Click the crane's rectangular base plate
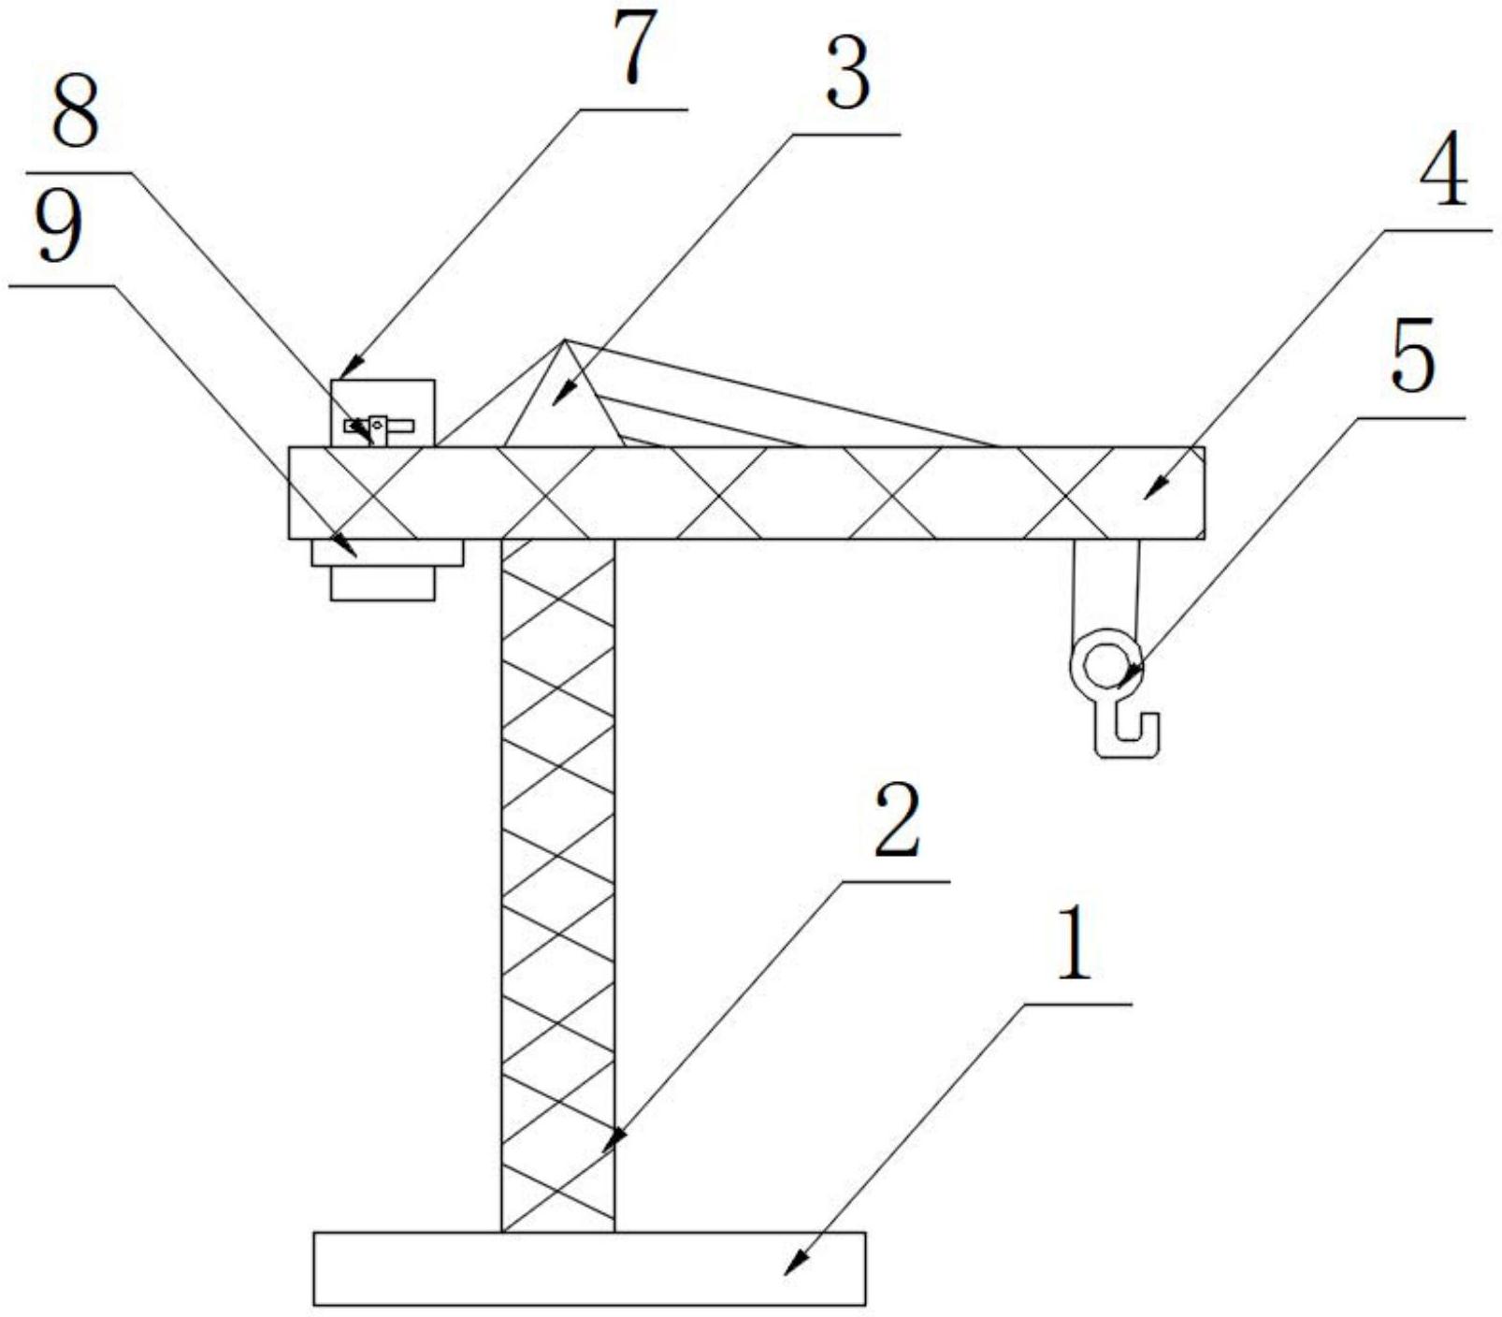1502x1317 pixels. click(589, 1268)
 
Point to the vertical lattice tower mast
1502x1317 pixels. click(558, 885)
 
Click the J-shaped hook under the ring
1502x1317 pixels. click(1128, 731)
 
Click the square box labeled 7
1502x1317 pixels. click(383, 412)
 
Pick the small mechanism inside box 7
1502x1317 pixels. click(378, 427)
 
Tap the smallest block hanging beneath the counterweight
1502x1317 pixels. click(383, 583)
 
